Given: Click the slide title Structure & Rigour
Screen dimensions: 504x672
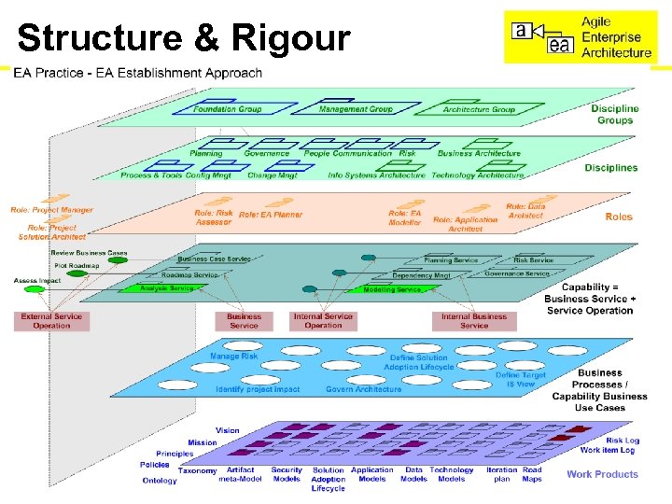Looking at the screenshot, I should pos(184,39).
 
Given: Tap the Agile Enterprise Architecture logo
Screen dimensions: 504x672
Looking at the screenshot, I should pos(581,35).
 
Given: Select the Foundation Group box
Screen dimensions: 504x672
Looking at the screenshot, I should pos(228,110).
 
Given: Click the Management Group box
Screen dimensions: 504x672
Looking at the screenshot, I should pos(356,109).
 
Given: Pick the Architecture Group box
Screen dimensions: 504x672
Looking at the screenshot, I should pos(479,109).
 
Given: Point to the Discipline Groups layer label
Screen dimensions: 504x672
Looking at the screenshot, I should pos(614,114).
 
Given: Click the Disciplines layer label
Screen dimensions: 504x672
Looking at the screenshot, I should pos(610,168).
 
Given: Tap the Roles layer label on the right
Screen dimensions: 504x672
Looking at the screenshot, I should pos(618,217).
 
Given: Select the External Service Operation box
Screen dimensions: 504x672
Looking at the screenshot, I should pos(51,321).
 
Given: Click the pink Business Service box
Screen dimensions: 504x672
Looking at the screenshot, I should pos(244,321).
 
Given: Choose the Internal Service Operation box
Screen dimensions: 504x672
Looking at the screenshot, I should pos(323,321).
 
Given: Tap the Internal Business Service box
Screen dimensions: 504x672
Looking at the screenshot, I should pos(474,321).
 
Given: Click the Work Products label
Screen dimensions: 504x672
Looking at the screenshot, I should pos(602,474).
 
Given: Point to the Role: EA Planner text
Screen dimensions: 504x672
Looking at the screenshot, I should pos(271,215).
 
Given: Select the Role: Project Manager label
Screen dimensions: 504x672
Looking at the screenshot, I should pos(52,210).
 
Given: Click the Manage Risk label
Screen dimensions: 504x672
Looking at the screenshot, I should pos(233,357).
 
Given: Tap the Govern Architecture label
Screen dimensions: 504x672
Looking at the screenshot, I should pos(363,389).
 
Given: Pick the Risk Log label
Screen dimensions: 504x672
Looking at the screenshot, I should pos(622,441).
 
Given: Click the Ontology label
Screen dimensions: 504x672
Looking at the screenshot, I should pos(159,481).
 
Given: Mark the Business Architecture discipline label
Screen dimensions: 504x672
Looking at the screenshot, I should pos(479,153).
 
